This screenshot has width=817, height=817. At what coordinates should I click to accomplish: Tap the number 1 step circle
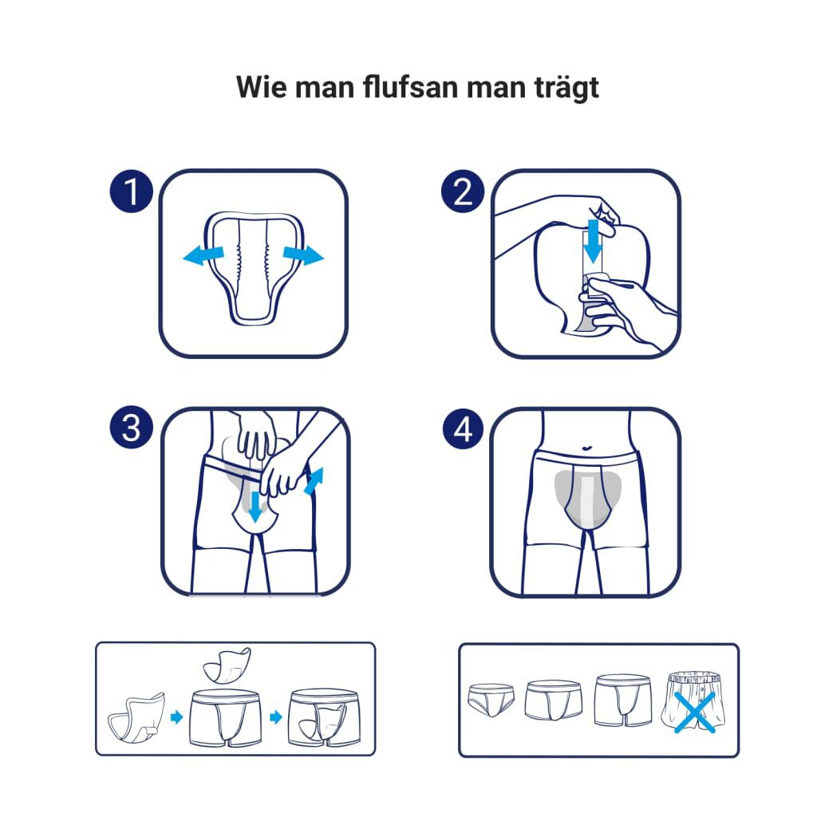(x=131, y=191)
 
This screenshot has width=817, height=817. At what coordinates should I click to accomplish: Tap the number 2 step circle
(x=463, y=191)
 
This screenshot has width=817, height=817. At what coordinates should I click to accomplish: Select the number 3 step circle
(x=131, y=429)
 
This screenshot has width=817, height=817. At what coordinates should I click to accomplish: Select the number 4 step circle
(x=463, y=429)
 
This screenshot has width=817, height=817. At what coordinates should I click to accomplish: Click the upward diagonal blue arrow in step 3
(x=314, y=481)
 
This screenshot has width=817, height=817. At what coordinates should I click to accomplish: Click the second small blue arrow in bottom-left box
(x=276, y=716)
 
